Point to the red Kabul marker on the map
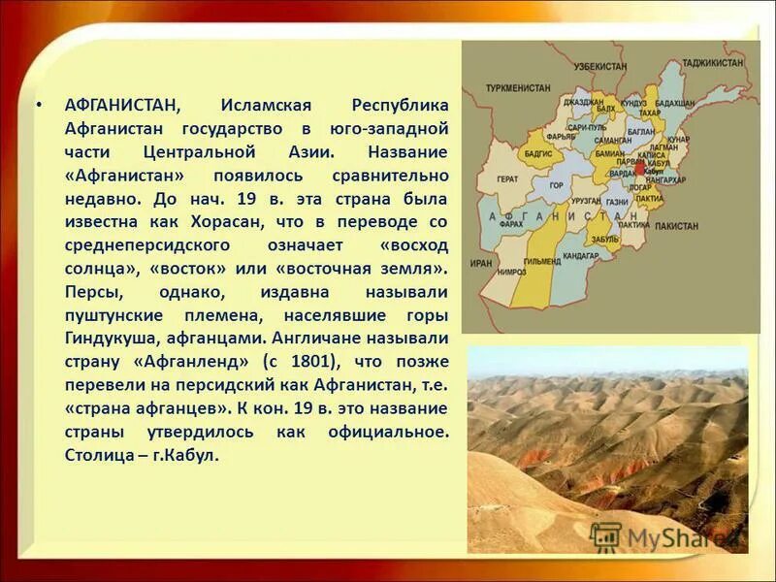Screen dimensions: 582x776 click(x=639, y=169)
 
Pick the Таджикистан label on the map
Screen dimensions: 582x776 click(x=713, y=63)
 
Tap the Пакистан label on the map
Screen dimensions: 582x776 click(x=675, y=225)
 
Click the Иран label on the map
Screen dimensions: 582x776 click(x=481, y=262)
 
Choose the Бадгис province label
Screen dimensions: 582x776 click(x=538, y=152)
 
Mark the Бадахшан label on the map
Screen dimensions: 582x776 click(x=675, y=103)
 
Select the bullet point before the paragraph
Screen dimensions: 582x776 click(x=38, y=104)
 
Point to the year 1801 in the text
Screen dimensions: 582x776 click(x=312, y=361)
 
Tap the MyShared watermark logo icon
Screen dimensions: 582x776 click(x=605, y=536)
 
